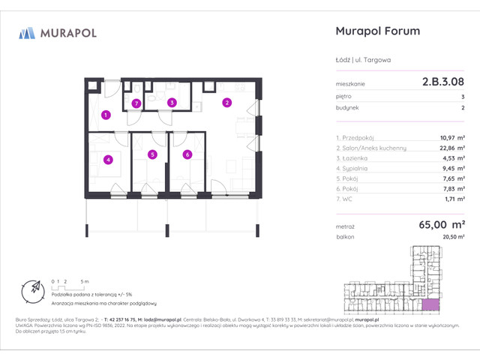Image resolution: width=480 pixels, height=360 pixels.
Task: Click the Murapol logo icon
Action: point(28,33)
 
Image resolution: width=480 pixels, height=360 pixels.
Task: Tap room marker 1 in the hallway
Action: point(106,115)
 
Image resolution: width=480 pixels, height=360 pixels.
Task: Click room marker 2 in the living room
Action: point(226,103)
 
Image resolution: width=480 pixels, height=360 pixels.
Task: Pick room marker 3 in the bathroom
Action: point(172,103)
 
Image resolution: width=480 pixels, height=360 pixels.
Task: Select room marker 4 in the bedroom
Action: point(109,159)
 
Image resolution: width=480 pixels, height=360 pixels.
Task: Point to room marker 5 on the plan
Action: point(152,155)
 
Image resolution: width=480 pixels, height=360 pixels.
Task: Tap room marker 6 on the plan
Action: point(187,155)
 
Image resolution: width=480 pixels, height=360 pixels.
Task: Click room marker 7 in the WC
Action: point(136,103)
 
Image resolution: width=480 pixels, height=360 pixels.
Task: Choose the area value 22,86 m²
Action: point(448,148)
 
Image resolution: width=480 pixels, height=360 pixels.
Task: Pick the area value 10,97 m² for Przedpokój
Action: point(448,138)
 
